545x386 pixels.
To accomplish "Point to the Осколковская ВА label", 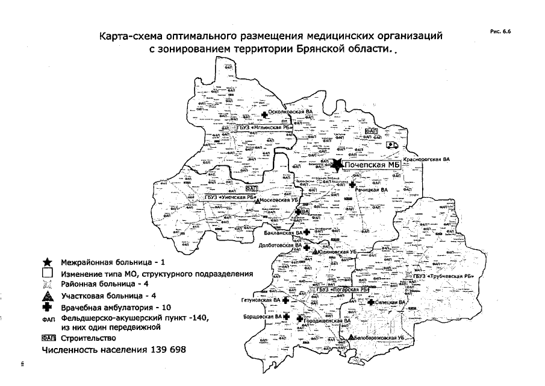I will [291, 112].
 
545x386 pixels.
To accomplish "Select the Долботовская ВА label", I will [280, 246].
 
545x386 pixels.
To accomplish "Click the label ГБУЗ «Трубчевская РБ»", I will [444, 276].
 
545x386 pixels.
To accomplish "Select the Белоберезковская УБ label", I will [378, 338].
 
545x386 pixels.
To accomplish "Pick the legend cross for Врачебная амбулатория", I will [48, 307].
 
